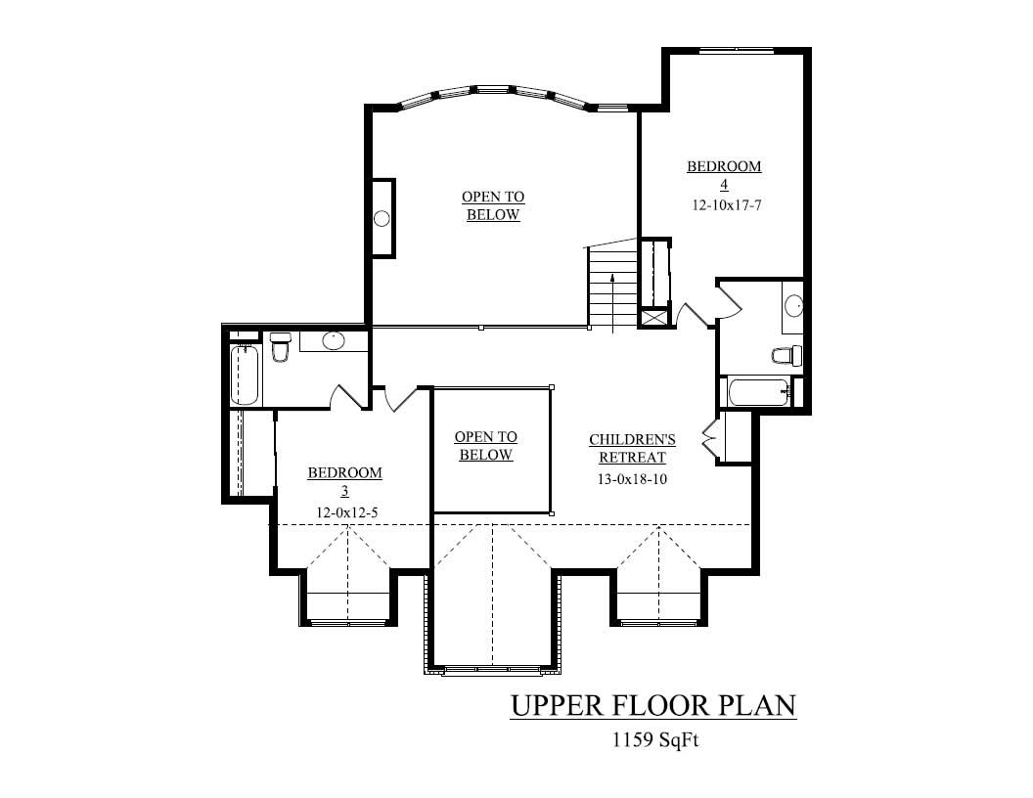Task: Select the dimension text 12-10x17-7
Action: (724, 206)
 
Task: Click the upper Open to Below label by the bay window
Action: (493, 205)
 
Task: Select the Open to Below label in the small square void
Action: (486, 446)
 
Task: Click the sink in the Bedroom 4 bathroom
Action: (794, 306)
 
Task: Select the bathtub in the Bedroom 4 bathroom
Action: (759, 394)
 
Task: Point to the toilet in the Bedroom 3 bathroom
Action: (280, 347)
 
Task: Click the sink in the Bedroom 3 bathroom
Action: (334, 340)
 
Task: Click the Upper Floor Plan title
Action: (652, 705)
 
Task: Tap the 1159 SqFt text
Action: (653, 740)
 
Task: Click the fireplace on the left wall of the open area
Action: (382, 218)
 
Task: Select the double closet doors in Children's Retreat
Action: (710, 438)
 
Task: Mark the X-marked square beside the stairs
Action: (652, 318)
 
